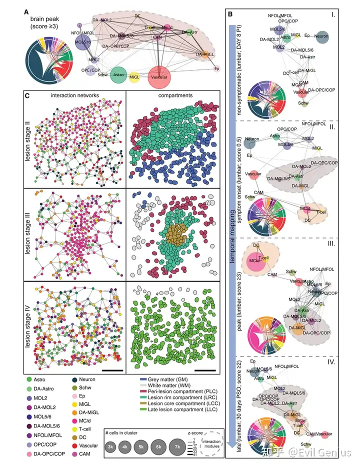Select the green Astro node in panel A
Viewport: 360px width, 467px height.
point(118,74)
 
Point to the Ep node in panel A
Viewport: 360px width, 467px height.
point(216,68)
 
